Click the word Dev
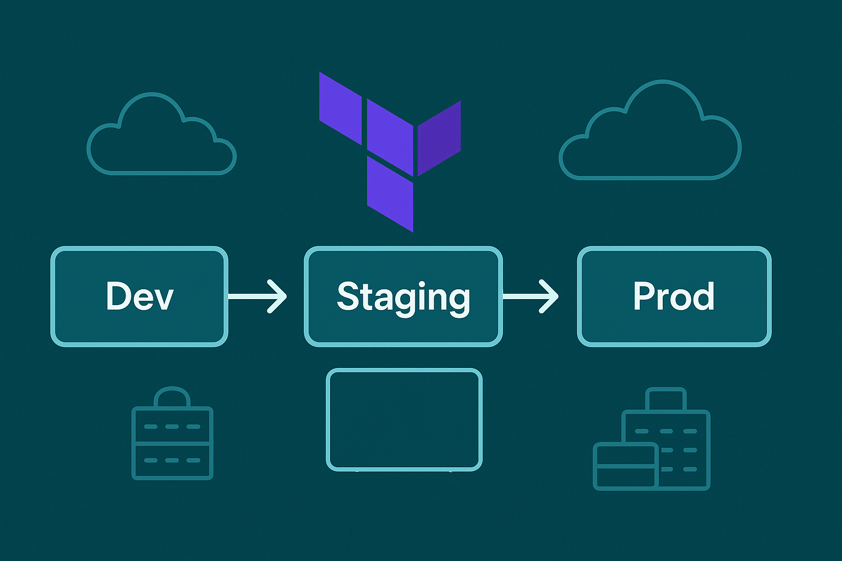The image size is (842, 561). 139,296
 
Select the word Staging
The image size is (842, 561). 403,297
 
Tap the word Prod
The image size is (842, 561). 674,296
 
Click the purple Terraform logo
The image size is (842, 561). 390,151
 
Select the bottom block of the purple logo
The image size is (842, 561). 390,194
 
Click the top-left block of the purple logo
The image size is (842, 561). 340,108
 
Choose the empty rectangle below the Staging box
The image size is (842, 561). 404,420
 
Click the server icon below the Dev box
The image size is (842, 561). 172,443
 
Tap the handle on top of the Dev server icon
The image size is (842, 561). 172,396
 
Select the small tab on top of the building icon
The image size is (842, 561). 666,399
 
